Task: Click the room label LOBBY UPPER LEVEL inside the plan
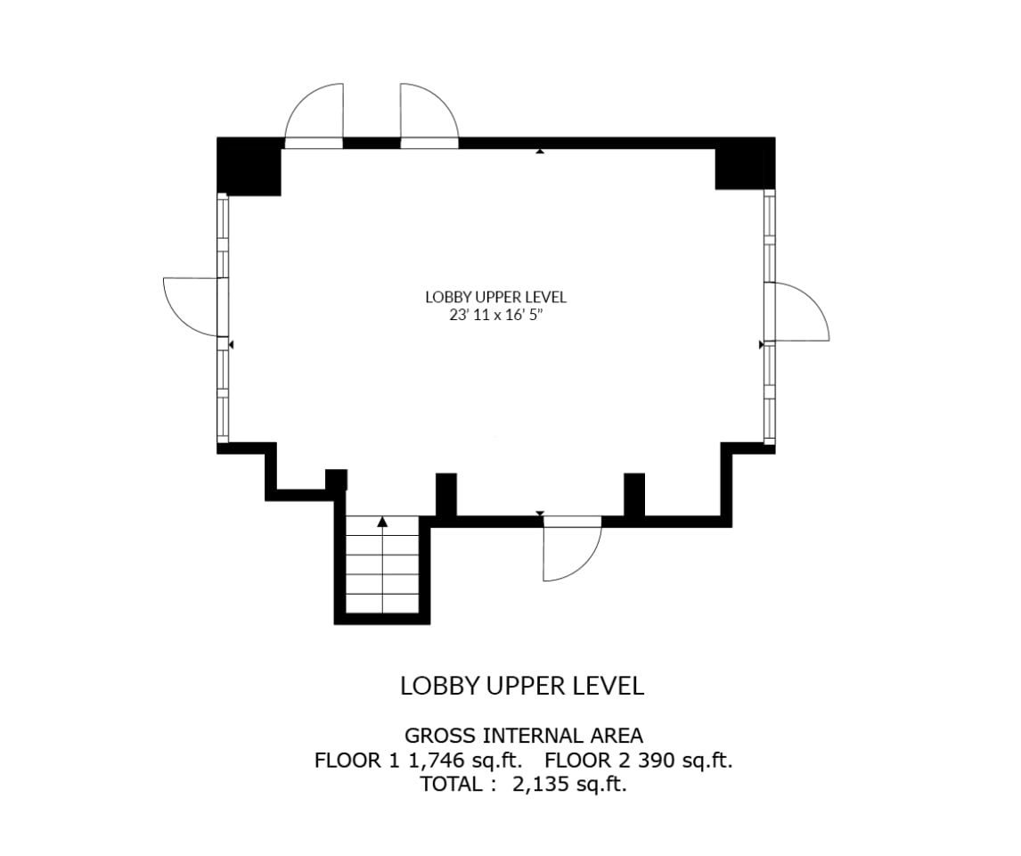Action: (x=495, y=297)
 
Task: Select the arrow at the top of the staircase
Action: (x=382, y=521)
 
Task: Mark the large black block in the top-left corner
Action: (x=249, y=167)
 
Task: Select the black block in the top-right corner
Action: (x=745, y=163)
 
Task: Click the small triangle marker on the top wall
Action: (x=540, y=151)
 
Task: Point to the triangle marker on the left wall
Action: (x=231, y=344)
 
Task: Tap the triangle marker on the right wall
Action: (x=761, y=344)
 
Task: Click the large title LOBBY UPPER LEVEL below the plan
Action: (x=522, y=686)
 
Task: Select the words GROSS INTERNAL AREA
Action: (x=524, y=736)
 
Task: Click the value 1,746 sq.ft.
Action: (x=466, y=761)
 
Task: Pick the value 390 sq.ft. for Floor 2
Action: (x=685, y=761)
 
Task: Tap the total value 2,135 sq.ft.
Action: (x=570, y=784)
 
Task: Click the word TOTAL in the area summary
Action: (x=451, y=784)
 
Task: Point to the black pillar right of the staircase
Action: (x=446, y=495)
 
